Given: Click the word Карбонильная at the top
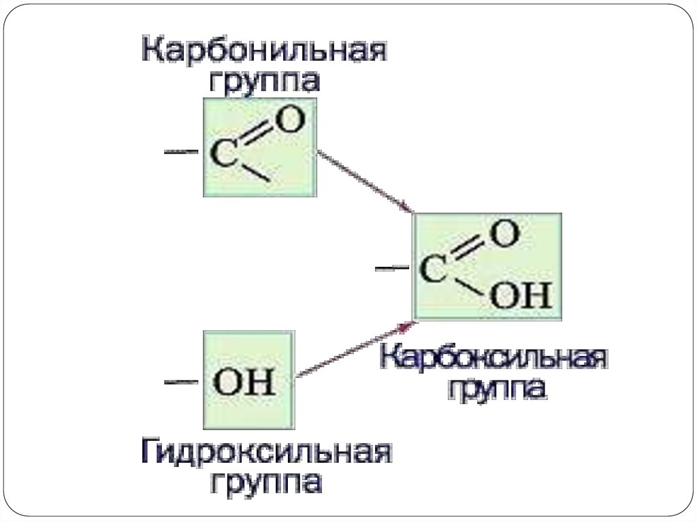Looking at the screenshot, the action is pos(263,52).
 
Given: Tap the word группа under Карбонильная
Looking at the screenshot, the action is pos(263,83).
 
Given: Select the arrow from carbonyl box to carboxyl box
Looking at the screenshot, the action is pos(364,180).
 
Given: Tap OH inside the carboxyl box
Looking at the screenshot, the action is pos(521,297).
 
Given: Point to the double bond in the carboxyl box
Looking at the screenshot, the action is pos(469,251).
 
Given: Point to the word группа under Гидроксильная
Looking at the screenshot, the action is pos(266,483).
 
